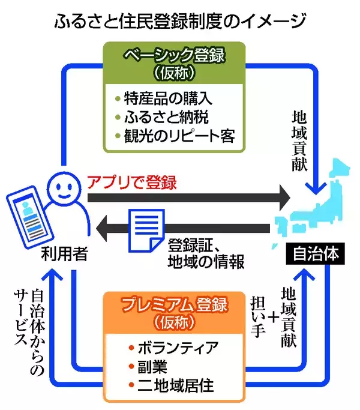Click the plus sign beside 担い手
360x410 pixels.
[x=274, y=316]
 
